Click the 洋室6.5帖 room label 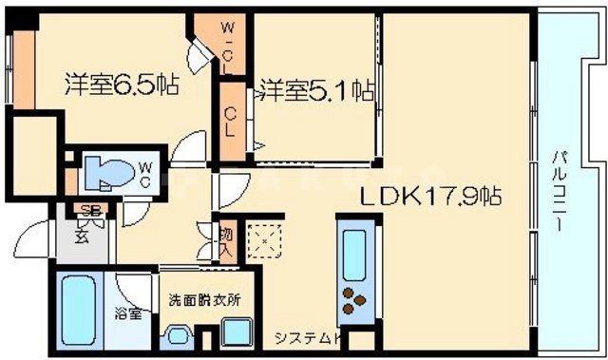pyautogui.click(x=123, y=84)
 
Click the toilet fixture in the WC pyautogui.click(x=104, y=173)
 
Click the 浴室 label pyautogui.click(x=129, y=313)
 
